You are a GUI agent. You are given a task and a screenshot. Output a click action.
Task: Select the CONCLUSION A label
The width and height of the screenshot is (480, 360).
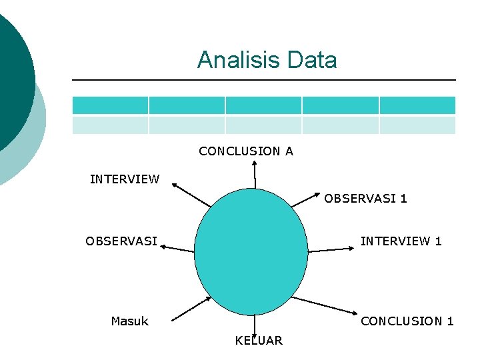[x=245, y=151]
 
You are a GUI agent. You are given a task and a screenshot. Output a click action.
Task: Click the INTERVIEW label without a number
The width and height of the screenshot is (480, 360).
[x=125, y=179]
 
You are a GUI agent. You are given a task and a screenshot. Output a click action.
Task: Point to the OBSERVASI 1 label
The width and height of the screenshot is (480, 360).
[x=365, y=199]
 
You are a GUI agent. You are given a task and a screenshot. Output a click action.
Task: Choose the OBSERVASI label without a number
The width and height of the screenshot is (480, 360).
[x=121, y=241]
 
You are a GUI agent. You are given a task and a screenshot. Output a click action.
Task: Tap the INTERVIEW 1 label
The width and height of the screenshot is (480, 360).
[x=401, y=241]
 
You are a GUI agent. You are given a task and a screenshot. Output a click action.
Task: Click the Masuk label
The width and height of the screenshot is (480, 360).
[x=129, y=321]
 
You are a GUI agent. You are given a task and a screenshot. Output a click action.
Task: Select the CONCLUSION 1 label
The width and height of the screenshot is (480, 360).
[x=407, y=321]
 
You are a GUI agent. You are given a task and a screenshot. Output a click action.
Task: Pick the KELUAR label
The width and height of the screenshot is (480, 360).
[x=259, y=341]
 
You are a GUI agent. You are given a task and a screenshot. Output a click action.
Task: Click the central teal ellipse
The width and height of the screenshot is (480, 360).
[x=251, y=257]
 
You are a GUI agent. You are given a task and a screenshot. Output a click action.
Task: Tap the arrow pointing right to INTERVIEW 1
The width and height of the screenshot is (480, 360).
[x=332, y=249]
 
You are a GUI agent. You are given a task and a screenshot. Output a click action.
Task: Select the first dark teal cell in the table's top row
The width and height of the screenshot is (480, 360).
[x=110, y=105]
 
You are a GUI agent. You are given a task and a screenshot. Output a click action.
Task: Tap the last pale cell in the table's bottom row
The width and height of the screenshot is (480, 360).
[x=417, y=125]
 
